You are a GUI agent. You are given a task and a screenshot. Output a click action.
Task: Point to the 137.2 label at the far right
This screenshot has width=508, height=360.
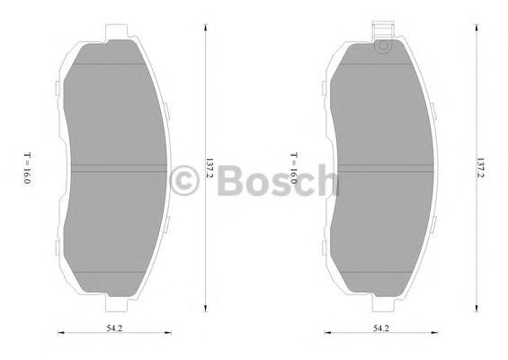(481, 168)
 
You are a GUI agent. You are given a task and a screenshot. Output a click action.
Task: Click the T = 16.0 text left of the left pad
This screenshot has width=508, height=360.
(27, 169)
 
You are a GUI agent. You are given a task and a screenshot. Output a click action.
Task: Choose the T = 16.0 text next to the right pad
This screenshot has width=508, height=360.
(293, 169)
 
